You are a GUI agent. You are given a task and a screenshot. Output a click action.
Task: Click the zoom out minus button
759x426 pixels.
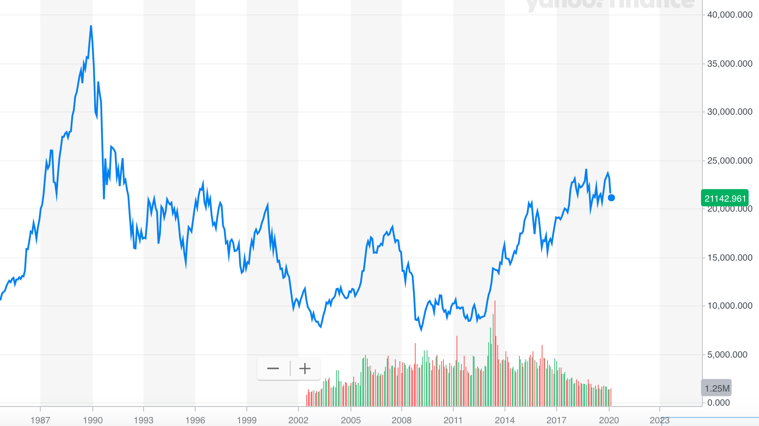click(x=273, y=368)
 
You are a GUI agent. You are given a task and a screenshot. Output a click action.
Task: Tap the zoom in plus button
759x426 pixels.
click(x=305, y=368)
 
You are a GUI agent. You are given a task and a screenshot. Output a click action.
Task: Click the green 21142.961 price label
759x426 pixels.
click(x=725, y=198)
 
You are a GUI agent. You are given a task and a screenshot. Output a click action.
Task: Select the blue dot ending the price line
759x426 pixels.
click(x=611, y=198)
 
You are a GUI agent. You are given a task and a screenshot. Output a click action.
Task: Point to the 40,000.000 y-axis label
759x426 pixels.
click(x=730, y=15)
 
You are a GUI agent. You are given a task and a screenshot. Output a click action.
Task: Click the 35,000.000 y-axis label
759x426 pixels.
click(x=730, y=64)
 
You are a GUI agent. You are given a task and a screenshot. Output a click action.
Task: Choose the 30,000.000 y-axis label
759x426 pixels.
click(x=730, y=112)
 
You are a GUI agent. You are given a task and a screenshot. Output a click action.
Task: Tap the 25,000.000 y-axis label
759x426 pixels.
click(x=730, y=161)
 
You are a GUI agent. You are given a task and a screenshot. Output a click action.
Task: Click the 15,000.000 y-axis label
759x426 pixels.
click(x=730, y=258)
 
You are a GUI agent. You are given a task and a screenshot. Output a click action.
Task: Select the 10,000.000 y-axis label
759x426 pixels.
click(x=730, y=306)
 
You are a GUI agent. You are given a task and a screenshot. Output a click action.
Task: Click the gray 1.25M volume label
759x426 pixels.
click(x=716, y=388)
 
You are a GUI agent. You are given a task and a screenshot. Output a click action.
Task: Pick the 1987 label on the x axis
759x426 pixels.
click(x=40, y=420)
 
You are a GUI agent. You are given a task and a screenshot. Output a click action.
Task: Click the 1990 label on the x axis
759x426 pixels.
click(x=93, y=420)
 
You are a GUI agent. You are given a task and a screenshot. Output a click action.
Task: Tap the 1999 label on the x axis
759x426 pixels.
click(x=247, y=420)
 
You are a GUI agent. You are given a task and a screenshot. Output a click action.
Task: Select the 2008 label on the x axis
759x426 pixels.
click(x=402, y=420)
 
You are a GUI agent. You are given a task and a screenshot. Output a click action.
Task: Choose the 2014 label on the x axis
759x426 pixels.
click(x=504, y=420)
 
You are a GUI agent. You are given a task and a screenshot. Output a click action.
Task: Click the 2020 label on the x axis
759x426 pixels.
click(x=609, y=420)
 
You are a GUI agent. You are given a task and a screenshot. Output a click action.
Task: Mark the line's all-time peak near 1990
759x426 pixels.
click(x=91, y=26)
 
